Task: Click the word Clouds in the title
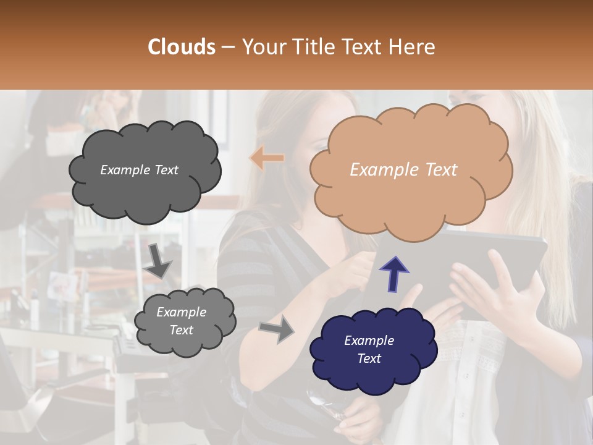pos(182,47)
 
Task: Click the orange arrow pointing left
pos(267,158)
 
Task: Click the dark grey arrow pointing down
pos(158,261)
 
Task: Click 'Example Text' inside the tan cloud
pos(403,170)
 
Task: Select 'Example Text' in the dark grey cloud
pos(139,170)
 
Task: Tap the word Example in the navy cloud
pos(369,341)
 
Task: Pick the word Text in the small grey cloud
pos(181,330)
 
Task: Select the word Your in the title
pos(261,47)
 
